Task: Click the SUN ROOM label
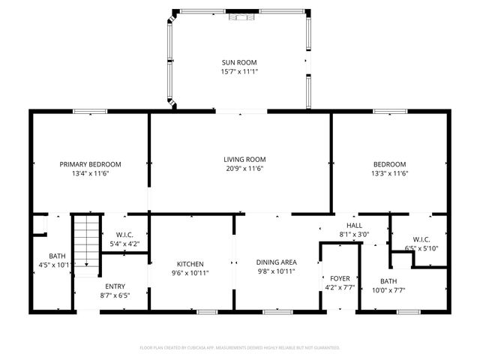click(240, 62)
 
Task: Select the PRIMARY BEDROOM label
click(91, 164)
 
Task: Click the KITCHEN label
click(190, 263)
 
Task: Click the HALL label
click(355, 225)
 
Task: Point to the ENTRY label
click(115, 286)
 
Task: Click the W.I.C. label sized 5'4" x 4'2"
click(124, 235)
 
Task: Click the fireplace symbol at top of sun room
click(240, 14)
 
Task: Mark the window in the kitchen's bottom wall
click(207, 311)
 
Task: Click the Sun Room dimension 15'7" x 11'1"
click(240, 72)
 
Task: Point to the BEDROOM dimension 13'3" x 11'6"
click(390, 174)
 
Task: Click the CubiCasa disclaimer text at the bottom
click(240, 348)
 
